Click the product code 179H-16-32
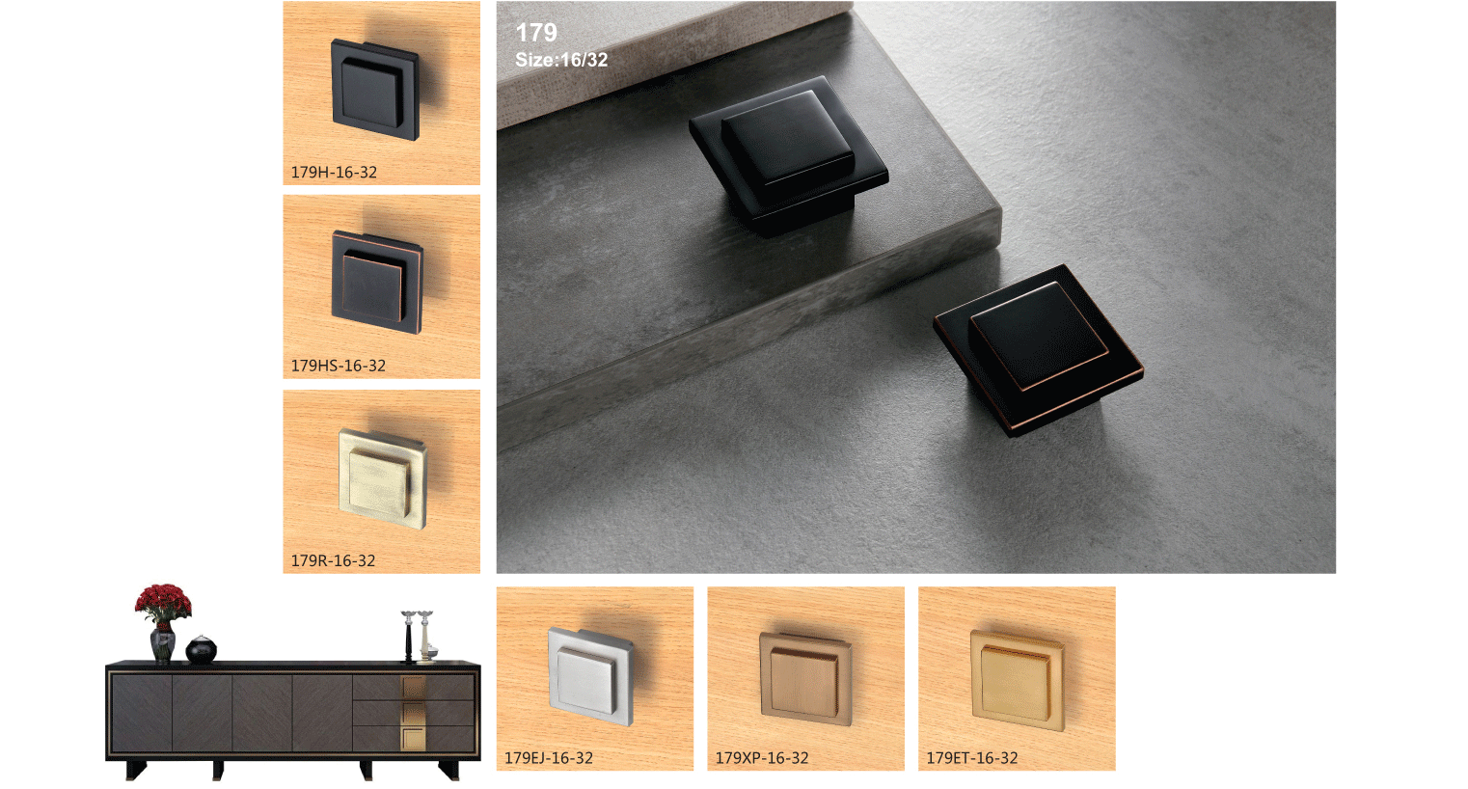click(335, 173)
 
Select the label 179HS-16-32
click(339, 366)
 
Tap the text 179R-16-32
click(333, 561)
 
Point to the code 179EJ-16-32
click(549, 758)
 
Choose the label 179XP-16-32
click(762, 758)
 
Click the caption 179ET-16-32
click(972, 758)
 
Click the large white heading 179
click(536, 32)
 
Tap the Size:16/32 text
click(561, 60)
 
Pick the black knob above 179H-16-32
click(375, 90)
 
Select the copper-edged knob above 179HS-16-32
click(377, 283)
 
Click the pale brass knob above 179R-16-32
click(383, 479)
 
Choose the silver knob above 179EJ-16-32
click(590, 676)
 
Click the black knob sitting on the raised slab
click(788, 155)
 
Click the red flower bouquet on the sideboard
click(163, 602)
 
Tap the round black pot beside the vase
click(202, 649)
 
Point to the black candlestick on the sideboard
click(409, 637)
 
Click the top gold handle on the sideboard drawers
click(414, 688)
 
